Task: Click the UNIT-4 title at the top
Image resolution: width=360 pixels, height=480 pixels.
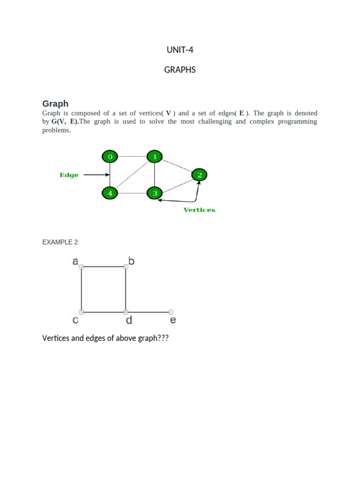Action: [180, 50]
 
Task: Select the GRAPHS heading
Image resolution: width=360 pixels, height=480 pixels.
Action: [180, 70]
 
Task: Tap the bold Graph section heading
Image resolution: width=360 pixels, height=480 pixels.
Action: [55, 104]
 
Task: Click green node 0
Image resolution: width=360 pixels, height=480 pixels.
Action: [110, 157]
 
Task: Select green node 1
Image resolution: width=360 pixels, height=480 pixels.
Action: [155, 157]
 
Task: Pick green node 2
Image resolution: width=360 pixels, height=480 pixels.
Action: [200, 175]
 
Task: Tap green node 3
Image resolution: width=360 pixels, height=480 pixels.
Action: [155, 193]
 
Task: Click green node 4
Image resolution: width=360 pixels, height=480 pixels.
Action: [110, 193]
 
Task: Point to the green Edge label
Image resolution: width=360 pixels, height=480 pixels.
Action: [69, 175]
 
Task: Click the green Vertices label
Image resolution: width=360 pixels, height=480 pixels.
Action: [199, 210]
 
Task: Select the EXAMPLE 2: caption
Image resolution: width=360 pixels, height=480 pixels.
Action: [61, 242]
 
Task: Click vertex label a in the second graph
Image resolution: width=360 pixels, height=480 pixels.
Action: [75, 262]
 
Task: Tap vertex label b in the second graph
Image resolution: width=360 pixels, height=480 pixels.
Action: [131, 261]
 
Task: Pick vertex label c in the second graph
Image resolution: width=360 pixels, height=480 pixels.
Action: [75, 321]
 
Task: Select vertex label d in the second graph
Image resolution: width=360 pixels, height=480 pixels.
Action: [129, 320]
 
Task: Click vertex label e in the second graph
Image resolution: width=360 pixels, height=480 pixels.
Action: [173, 321]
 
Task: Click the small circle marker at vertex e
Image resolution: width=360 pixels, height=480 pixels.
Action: [171, 312]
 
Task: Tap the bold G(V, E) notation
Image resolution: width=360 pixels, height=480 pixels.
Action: [65, 121]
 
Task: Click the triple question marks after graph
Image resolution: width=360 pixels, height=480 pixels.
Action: [163, 338]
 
